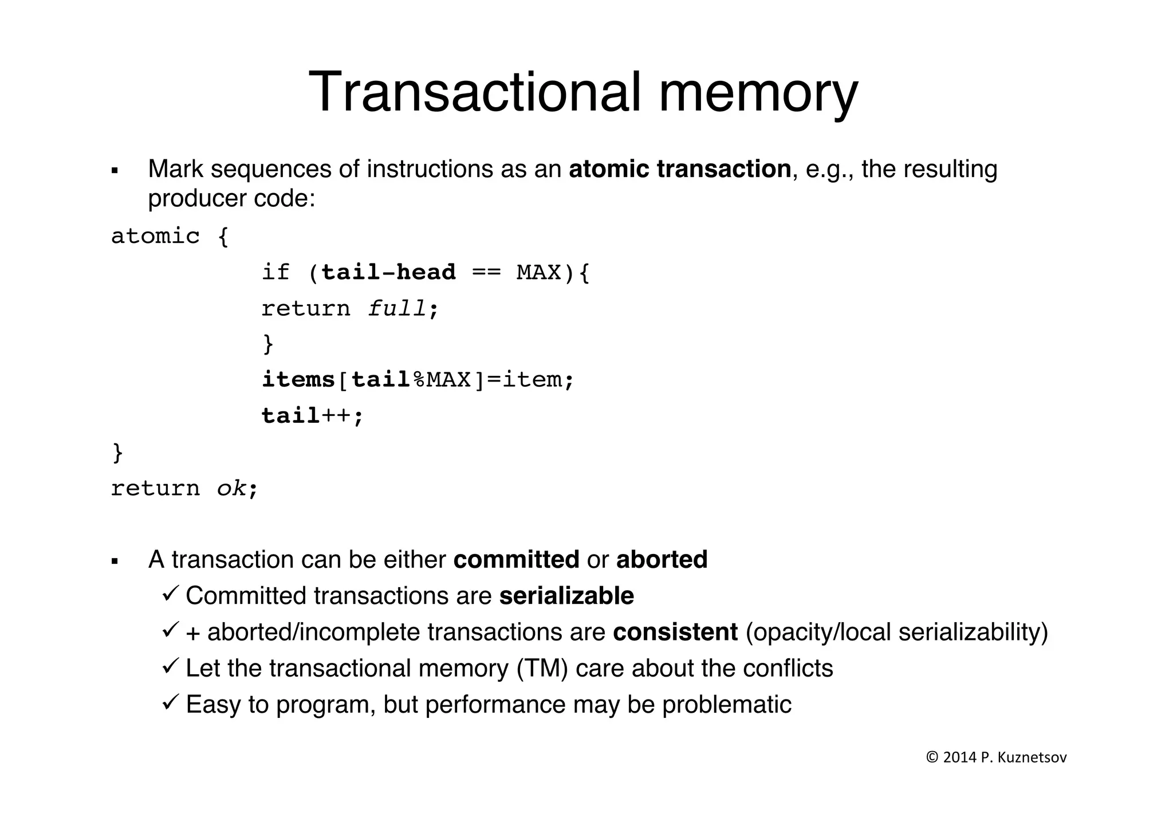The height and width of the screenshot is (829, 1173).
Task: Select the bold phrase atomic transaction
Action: (x=680, y=169)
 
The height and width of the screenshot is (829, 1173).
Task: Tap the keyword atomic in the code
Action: (x=155, y=236)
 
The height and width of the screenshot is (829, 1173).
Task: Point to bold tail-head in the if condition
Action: (x=388, y=272)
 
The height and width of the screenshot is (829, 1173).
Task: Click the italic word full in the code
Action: (x=396, y=309)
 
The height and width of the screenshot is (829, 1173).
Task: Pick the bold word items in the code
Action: (x=298, y=380)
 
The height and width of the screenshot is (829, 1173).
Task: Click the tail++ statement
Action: (x=312, y=416)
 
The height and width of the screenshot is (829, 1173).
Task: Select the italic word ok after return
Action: (x=231, y=489)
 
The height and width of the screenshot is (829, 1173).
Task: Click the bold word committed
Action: (x=516, y=560)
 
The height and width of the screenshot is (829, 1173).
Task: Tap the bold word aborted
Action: (x=662, y=560)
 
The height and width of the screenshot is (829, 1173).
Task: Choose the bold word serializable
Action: (x=566, y=596)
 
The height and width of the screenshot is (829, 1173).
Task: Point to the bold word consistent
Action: (x=675, y=632)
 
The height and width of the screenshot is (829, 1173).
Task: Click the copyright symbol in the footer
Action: (x=932, y=757)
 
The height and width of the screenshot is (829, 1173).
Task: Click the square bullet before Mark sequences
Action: (x=115, y=171)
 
